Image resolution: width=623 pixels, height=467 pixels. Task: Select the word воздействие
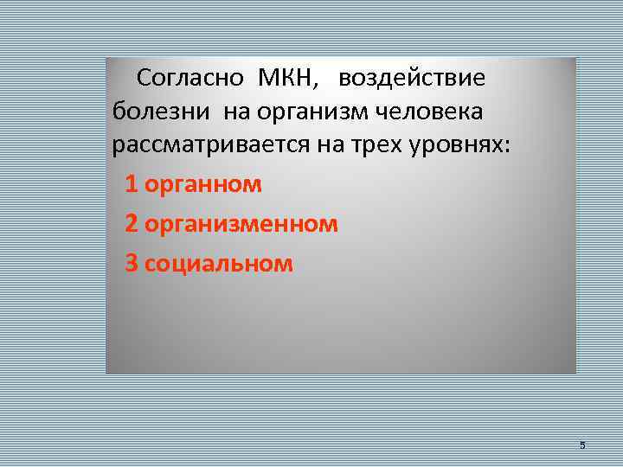(x=412, y=79)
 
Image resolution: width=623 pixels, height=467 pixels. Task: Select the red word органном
(x=203, y=184)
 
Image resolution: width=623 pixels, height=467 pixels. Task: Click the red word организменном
(x=241, y=224)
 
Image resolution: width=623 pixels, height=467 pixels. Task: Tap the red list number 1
(x=131, y=184)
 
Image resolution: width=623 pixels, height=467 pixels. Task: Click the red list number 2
(x=131, y=224)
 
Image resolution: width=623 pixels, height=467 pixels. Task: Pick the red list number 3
(x=131, y=264)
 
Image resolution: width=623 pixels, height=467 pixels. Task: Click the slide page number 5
(x=582, y=445)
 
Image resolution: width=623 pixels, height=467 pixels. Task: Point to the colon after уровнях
(x=508, y=149)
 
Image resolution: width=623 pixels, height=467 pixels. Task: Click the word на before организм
(x=238, y=112)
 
